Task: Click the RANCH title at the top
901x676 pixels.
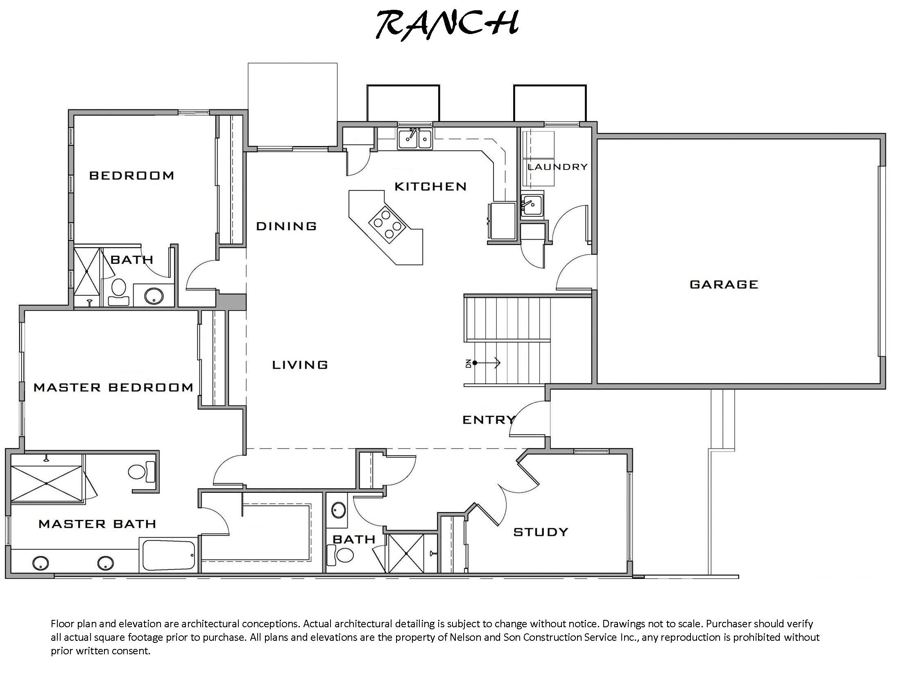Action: click(448, 25)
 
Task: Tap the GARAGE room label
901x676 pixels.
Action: click(724, 284)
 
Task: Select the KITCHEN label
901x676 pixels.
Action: click(430, 187)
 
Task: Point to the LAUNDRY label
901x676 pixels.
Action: click(558, 167)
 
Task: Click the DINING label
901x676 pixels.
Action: click(286, 226)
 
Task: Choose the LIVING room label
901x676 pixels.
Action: click(300, 365)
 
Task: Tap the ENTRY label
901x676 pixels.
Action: click(488, 420)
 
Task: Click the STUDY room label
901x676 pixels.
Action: click(541, 532)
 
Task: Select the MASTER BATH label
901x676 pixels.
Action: click(97, 524)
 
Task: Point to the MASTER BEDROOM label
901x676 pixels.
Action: click(113, 387)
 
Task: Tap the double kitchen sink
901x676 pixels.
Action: click(414, 139)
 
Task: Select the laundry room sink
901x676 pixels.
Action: click(532, 204)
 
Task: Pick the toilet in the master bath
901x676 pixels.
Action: click(141, 472)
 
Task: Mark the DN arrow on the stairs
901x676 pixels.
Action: click(487, 363)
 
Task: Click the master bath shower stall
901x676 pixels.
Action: click(46, 483)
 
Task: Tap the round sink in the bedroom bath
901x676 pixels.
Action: click(154, 295)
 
